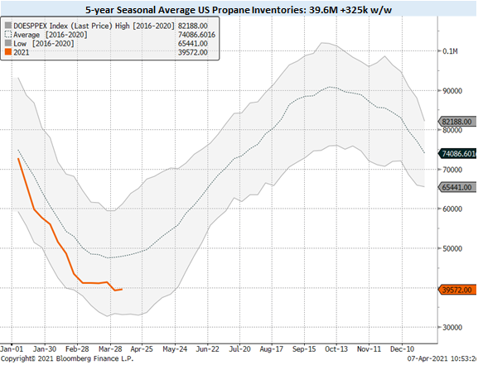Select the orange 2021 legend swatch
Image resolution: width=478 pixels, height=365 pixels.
pos(9,52)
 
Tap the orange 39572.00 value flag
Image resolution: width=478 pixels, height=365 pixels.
pos(456,290)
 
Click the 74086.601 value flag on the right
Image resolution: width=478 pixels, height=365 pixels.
pos(457,153)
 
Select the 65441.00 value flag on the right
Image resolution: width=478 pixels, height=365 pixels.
pos(456,188)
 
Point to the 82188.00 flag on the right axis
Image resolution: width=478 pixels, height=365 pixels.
pos(456,122)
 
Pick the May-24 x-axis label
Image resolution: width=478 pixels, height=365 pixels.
pos(178,349)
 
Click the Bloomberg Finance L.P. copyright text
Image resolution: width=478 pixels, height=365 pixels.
pos(56,359)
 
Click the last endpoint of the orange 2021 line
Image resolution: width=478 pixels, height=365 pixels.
pos(123,289)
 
